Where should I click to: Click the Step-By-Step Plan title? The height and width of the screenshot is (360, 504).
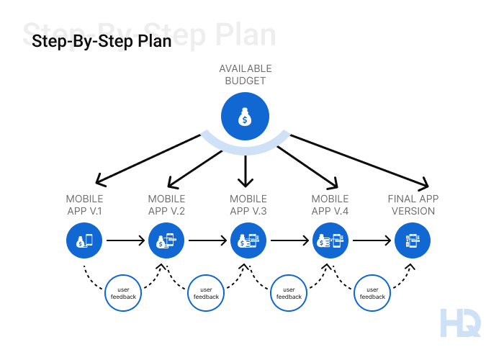click(102, 41)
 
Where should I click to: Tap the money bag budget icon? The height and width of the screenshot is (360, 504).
click(246, 117)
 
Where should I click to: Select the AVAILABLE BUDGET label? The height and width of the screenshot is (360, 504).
click(246, 74)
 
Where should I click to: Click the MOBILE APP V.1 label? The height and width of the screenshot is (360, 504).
click(84, 204)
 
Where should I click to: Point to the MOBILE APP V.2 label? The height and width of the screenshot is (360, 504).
click(166, 204)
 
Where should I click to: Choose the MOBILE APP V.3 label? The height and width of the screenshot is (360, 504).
click(248, 204)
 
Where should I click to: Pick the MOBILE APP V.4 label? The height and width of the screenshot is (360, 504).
click(330, 204)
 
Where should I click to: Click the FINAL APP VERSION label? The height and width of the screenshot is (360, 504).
click(412, 204)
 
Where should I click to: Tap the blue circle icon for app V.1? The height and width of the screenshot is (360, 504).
click(84, 241)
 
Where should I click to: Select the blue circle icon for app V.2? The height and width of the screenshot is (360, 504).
click(166, 241)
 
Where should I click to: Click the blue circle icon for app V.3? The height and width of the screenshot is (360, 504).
click(248, 241)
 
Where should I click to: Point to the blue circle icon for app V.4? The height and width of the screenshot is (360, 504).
click(330, 241)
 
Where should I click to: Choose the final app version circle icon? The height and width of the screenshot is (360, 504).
click(412, 241)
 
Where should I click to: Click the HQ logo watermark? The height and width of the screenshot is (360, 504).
click(460, 322)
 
